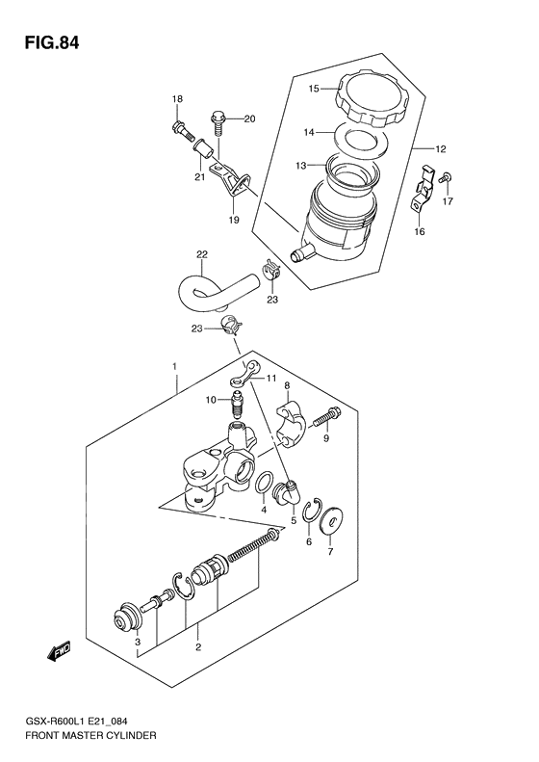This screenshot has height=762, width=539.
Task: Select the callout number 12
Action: coord(441,149)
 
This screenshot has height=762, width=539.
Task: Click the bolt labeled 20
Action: coord(218,122)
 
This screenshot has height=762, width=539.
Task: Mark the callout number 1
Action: coord(174,367)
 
